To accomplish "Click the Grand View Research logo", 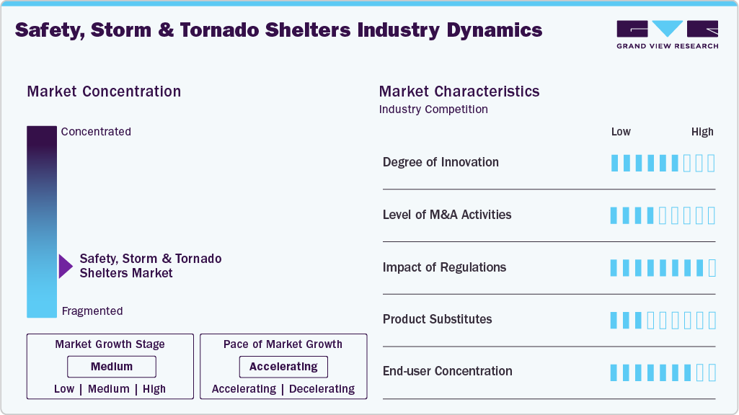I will click(x=667, y=34).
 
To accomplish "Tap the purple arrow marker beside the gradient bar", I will click(x=66, y=266).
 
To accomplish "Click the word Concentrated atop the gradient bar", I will click(x=96, y=132).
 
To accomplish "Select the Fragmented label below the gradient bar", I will click(x=92, y=311).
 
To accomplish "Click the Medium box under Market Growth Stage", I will click(x=111, y=367).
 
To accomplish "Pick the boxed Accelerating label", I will click(x=283, y=367).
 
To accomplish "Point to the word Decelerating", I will click(x=322, y=389).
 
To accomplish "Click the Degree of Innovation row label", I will click(x=441, y=162).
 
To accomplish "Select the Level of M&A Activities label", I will click(x=447, y=215).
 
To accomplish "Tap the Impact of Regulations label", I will click(x=444, y=267).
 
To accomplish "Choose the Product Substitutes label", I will click(x=437, y=319).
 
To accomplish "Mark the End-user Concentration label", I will click(x=447, y=371).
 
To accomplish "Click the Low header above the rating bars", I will click(x=621, y=132).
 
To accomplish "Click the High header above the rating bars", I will click(x=702, y=132).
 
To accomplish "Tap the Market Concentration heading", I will click(x=104, y=92).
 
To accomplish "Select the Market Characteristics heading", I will click(x=459, y=92).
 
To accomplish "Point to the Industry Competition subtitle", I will click(x=433, y=110).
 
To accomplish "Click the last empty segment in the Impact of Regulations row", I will click(x=712, y=268).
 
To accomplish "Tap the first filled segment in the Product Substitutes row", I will click(x=614, y=320).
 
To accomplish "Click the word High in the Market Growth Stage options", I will click(x=154, y=389).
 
